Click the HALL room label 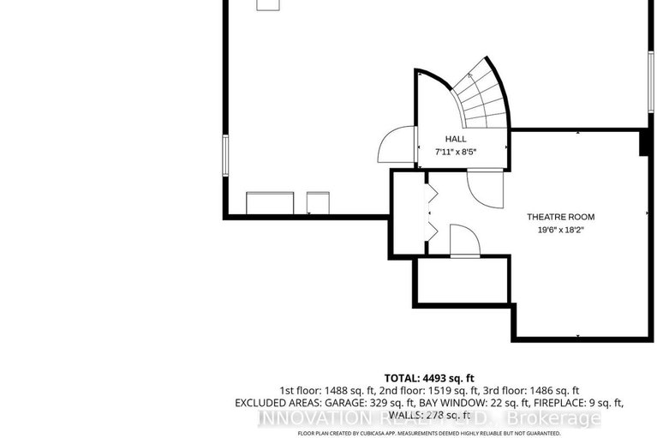455,139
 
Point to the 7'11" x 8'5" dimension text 455,152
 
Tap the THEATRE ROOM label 559,217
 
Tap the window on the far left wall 226,154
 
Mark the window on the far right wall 648,81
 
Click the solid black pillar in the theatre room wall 644,144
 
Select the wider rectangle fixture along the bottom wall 271,203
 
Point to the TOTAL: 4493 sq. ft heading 429,377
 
